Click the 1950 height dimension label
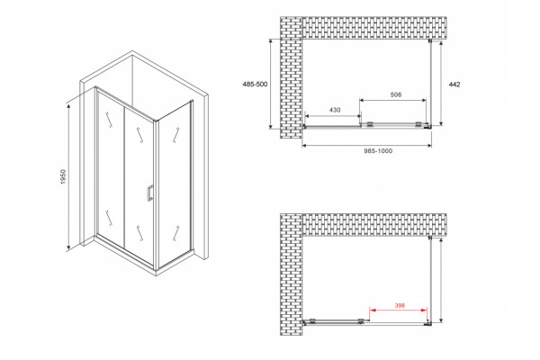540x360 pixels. (x=63, y=176)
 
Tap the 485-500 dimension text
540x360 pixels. (x=256, y=84)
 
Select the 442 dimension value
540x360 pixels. (x=454, y=85)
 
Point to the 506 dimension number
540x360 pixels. (x=396, y=94)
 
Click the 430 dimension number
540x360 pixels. (x=335, y=110)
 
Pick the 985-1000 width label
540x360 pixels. (x=378, y=151)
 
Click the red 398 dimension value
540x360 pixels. (x=400, y=305)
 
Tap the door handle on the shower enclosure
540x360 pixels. (x=149, y=193)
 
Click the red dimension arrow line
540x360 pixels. (x=399, y=310)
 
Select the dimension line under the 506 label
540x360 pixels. (x=393, y=100)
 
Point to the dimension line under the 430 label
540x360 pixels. (x=333, y=116)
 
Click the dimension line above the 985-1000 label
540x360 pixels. (x=367, y=146)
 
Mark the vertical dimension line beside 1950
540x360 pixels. (x=69, y=176)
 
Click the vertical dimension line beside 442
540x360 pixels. (x=441, y=83)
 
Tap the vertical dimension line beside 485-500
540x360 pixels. (x=272, y=84)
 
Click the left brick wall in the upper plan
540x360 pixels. (x=292, y=77)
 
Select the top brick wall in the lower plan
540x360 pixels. (x=374, y=225)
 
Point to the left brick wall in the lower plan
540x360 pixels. (x=292, y=274)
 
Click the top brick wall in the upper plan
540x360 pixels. (x=374, y=28)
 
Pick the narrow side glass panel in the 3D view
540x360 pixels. (x=175, y=183)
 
